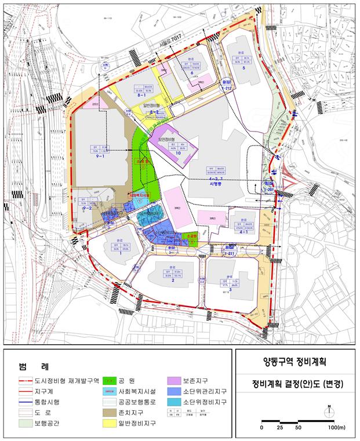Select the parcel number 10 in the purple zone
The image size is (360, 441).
click(170, 153)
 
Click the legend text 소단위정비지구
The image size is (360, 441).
click(203, 400)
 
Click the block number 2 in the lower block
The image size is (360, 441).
click(173, 281)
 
